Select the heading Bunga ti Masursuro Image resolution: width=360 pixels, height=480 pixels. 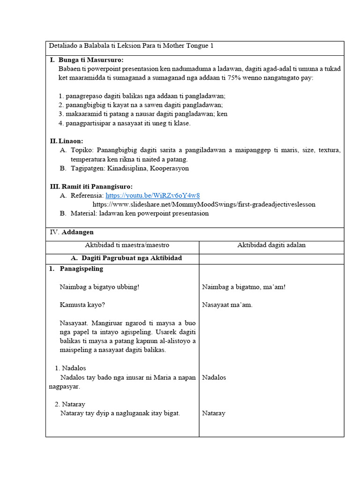click(x=91, y=60)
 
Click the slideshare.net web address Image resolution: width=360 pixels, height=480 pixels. click(x=204, y=204)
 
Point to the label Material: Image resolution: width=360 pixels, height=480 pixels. click(x=82, y=213)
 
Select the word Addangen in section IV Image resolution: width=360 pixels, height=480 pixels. click(x=78, y=232)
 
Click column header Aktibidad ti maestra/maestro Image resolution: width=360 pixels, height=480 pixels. click(x=127, y=245)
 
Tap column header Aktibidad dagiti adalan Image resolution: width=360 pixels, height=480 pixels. click(x=271, y=245)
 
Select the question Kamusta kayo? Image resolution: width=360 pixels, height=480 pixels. click(x=82, y=305)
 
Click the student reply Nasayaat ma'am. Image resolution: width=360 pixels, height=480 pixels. click(x=227, y=305)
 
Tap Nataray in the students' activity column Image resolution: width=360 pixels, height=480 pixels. click(x=214, y=413)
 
